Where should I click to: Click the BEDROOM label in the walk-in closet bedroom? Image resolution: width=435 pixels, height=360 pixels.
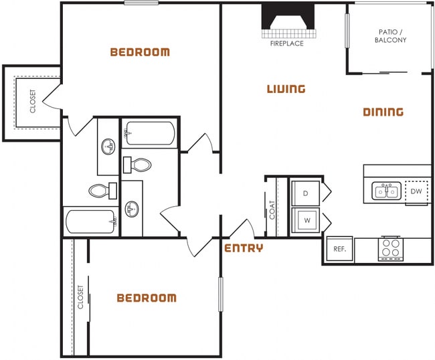point(140,52)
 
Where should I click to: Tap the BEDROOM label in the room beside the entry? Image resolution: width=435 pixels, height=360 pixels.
point(147,298)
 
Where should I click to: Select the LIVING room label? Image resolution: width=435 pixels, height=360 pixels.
point(286,89)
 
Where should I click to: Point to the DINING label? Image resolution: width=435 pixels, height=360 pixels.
point(383,112)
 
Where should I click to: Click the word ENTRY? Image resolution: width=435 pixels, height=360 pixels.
point(243,248)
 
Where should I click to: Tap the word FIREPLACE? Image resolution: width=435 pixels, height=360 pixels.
point(286,43)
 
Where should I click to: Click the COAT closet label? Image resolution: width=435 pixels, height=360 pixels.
point(272,210)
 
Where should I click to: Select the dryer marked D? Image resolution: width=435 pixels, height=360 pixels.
point(306,193)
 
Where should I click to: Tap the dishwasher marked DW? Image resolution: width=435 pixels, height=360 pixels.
point(416,192)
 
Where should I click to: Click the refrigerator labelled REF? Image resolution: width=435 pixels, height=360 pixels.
point(339,250)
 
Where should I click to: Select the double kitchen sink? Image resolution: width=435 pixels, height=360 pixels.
point(386,192)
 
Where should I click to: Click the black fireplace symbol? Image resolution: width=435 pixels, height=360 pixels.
point(288,18)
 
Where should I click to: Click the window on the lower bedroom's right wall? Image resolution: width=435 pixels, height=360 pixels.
point(220,294)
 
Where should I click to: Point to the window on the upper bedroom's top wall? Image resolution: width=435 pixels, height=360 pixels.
point(141,3)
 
